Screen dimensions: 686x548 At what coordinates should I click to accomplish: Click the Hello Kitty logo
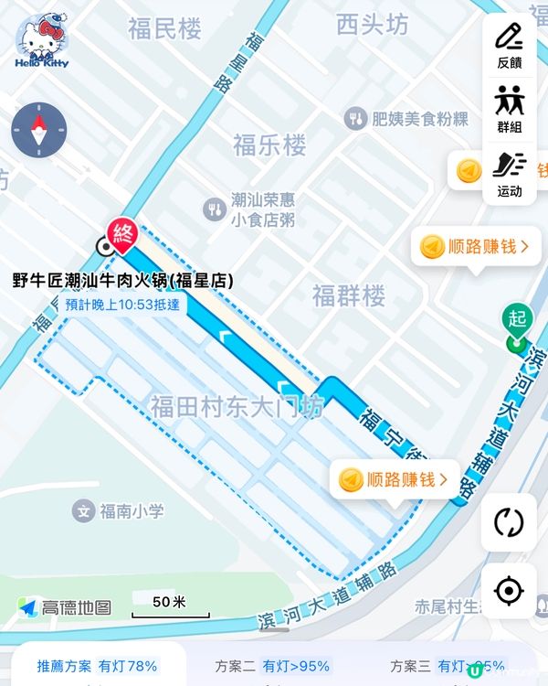[41, 43]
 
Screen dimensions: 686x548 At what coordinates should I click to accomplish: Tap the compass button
[38, 131]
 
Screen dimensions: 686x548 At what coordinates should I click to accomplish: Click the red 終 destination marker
[121, 234]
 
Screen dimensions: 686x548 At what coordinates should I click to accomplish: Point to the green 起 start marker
[518, 322]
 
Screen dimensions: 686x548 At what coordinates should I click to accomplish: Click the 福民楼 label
[164, 29]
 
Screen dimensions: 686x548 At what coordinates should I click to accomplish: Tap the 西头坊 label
[372, 25]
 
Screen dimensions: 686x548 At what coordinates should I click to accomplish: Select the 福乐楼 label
[269, 145]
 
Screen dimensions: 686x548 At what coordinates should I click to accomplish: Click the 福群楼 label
[349, 295]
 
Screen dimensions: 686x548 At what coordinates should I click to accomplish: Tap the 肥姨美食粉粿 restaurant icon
[355, 118]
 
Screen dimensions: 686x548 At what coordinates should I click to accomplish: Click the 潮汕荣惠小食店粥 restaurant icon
[215, 209]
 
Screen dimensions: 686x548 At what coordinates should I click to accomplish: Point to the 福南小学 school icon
[84, 510]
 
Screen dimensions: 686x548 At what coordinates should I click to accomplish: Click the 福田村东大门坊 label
[237, 406]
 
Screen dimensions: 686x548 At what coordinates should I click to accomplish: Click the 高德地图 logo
[66, 607]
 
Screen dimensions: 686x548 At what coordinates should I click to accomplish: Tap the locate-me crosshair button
[509, 591]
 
